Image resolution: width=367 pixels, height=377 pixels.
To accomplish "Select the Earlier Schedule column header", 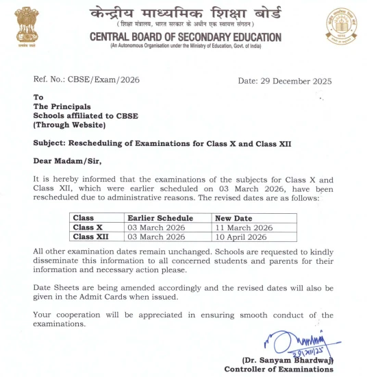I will click(x=156, y=218).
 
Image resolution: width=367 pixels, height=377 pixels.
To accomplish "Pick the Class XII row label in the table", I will click(x=91, y=236).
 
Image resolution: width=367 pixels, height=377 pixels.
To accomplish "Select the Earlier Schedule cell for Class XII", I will click(x=157, y=236).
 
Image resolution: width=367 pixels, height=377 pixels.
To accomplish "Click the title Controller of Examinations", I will click(x=278, y=369).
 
